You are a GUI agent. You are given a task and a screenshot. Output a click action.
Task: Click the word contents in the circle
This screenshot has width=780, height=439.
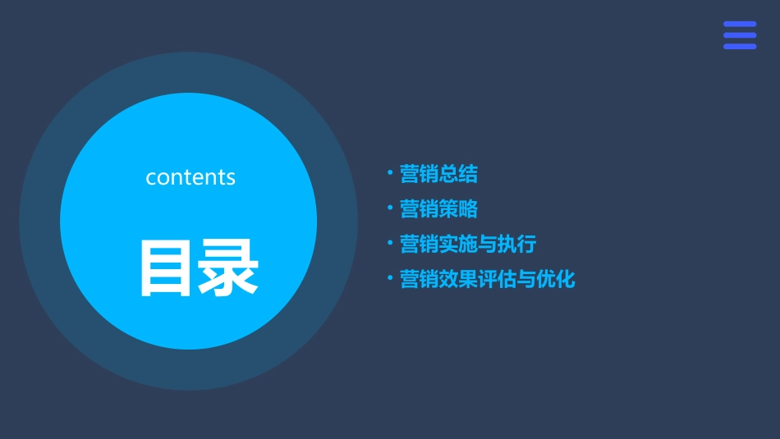pyautogui.click(x=190, y=177)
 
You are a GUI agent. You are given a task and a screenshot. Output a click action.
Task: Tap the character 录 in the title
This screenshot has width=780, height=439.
pyautogui.click(x=227, y=268)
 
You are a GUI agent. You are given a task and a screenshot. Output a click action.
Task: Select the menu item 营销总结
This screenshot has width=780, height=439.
pyautogui.click(x=438, y=174)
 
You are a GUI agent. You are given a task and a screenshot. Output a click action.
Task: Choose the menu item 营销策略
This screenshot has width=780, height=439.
pyautogui.click(x=438, y=209)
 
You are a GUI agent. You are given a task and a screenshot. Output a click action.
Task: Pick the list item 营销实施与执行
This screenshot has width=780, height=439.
pyautogui.click(x=467, y=245)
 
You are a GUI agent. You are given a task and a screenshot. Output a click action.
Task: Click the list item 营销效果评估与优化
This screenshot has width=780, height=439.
pyautogui.click(x=487, y=280)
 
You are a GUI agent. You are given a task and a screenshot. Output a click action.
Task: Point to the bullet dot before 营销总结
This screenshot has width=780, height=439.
pyautogui.click(x=390, y=173)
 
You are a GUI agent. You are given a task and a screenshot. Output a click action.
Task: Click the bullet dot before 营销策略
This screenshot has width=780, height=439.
pyautogui.click(x=390, y=208)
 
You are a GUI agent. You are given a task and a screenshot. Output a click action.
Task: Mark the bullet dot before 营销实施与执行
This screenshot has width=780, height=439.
pyautogui.click(x=390, y=244)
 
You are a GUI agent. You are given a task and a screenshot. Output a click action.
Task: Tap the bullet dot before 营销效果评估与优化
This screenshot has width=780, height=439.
pyautogui.click(x=390, y=279)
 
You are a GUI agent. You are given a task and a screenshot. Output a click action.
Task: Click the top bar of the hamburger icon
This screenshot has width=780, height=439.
pyautogui.click(x=740, y=25)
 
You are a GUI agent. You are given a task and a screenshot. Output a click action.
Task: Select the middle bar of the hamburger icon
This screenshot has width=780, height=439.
pyautogui.click(x=740, y=35)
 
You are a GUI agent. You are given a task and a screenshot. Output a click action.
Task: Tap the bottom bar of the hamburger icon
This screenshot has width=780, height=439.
pyautogui.click(x=740, y=46)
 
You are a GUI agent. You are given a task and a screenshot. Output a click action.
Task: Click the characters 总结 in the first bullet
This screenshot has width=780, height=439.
pyautogui.click(x=458, y=174)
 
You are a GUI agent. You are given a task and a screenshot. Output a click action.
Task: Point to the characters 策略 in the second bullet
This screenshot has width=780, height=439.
pyautogui.click(x=458, y=209)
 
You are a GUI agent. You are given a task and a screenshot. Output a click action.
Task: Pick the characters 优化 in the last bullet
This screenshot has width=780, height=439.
pyautogui.click(x=556, y=280)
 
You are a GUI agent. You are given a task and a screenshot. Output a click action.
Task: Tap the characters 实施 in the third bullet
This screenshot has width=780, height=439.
pyautogui.click(x=458, y=245)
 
